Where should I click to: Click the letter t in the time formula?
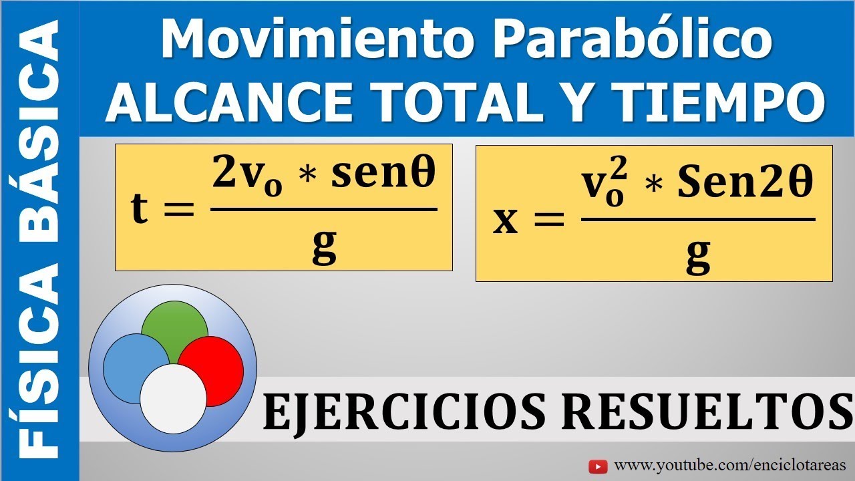tap(140, 209)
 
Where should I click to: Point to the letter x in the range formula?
tap(505, 220)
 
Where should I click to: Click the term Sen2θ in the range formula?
tap(745, 184)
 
